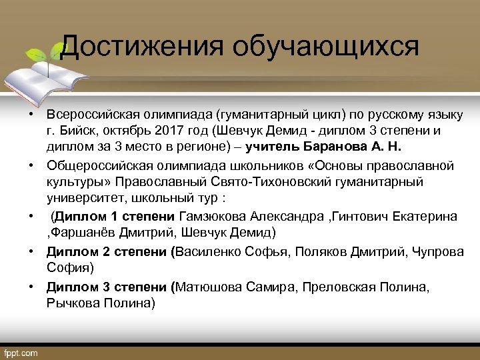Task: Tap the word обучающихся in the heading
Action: click(326, 47)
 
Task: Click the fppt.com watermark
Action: click(21, 353)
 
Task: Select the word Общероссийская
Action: click(91, 165)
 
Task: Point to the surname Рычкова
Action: click(71, 303)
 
